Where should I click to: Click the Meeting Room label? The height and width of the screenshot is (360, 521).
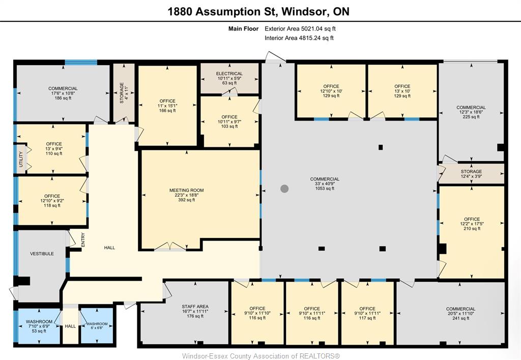coord(186,190)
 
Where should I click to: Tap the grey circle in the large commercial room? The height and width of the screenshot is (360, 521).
coord(284,189)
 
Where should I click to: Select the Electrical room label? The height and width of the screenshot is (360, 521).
coord(229,73)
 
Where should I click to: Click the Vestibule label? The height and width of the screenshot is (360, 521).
coord(42,254)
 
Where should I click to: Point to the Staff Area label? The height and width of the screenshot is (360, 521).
coord(195,307)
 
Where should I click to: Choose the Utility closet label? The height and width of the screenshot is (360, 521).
coord(20,160)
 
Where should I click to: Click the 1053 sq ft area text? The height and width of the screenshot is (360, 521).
coord(325,189)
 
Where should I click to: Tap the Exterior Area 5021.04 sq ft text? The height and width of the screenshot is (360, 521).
coord(300,28)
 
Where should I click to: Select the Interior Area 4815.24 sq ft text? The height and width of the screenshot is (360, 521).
coord(299,38)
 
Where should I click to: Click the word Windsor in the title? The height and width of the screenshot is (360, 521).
coord(303,12)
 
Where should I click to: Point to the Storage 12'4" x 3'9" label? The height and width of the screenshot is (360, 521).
coord(471,174)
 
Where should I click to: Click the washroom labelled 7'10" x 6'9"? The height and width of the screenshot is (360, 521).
coord(39,326)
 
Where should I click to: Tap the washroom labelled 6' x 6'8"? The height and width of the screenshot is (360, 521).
coord(97,326)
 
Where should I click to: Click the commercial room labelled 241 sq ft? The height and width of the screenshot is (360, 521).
coord(460,314)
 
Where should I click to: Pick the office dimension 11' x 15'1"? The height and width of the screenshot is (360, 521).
coord(167,106)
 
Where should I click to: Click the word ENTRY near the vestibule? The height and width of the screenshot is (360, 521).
coord(83,240)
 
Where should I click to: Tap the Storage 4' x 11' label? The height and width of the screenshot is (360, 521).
coord(124,93)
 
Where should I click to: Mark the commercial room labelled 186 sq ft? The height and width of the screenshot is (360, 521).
coord(63,94)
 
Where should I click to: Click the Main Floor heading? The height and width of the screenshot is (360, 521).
coord(243,28)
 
